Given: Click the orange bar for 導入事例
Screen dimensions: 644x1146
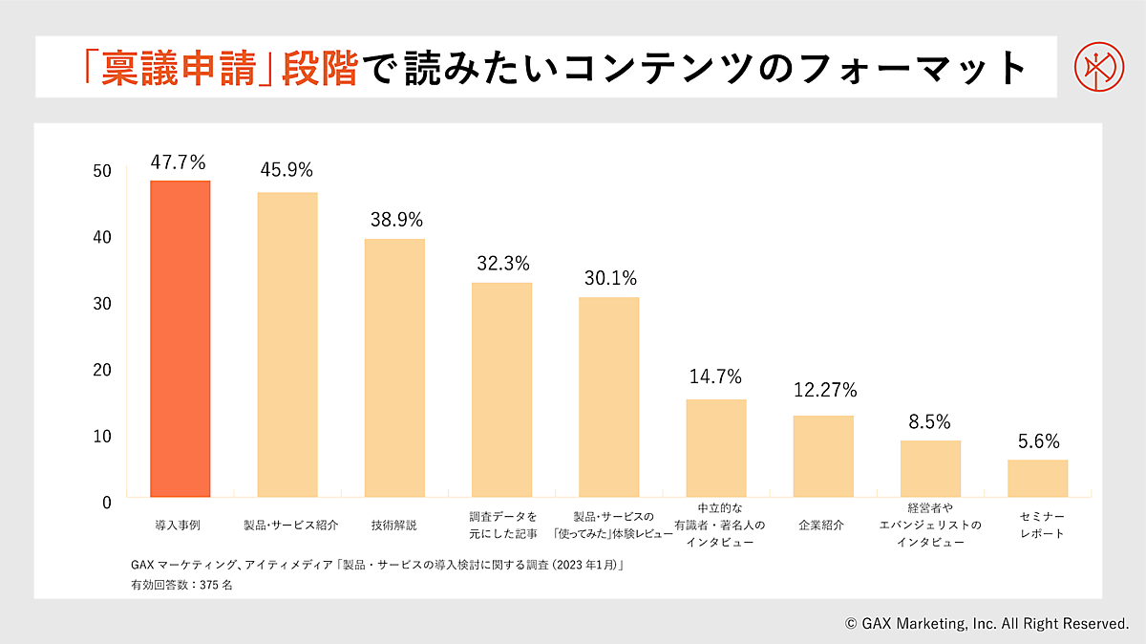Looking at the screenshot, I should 180,338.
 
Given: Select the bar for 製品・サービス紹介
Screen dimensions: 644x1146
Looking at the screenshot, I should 287,344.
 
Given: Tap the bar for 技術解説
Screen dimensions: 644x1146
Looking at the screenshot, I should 394,367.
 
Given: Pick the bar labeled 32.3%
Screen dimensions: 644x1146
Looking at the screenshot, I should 501,389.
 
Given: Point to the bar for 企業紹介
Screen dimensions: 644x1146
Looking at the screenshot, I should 823,456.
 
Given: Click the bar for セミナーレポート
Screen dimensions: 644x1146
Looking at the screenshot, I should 1037,478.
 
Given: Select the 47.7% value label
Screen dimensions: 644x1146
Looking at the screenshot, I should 180,161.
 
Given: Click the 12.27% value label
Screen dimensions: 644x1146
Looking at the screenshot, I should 825,390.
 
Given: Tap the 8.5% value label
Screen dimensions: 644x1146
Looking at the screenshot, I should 929,422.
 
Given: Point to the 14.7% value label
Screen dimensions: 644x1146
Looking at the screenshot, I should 715,376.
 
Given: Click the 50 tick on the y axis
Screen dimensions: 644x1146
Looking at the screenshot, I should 103,171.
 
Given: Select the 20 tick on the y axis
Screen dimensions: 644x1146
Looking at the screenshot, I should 103,370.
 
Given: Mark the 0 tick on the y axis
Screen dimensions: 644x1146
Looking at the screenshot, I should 106,502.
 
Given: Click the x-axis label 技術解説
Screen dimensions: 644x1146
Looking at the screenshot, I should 393,526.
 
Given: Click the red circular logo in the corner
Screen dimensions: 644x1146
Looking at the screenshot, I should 1094,66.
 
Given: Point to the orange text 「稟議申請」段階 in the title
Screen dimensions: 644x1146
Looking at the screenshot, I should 219,68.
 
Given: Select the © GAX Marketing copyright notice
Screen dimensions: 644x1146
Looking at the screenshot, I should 987,624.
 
